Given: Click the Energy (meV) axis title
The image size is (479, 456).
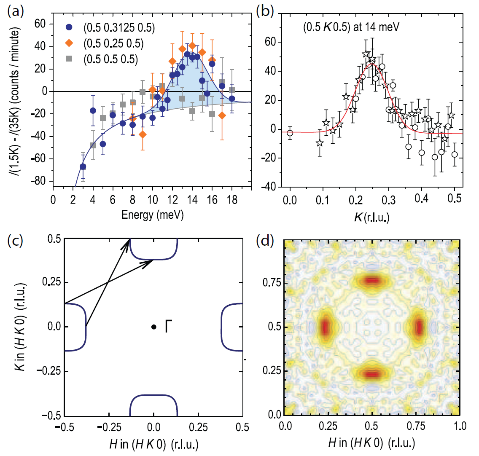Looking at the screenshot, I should [x=153, y=215].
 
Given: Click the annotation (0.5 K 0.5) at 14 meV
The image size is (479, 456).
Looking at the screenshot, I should [x=351, y=27].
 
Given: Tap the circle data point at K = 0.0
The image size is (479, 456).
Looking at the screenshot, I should [x=290, y=133].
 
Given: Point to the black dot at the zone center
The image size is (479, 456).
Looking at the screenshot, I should [x=154, y=327].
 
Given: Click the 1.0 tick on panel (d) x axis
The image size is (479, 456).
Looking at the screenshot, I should [x=460, y=426].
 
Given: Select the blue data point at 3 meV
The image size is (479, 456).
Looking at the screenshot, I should [x=83, y=166].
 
